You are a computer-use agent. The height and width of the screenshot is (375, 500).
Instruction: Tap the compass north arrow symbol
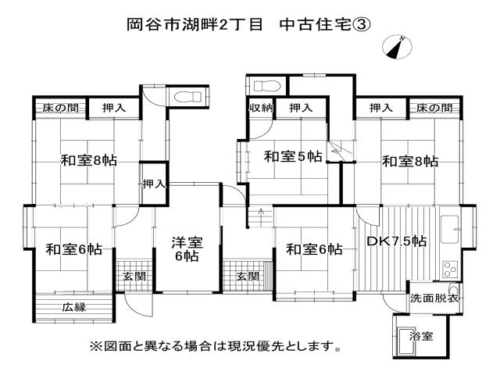point(395,47)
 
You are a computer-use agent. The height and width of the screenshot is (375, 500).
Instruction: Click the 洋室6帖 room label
point(187,249)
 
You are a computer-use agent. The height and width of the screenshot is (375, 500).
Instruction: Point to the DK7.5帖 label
point(397,241)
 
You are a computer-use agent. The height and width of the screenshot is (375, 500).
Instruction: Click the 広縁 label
point(74,307)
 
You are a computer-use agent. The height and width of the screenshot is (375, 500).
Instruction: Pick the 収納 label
point(260,107)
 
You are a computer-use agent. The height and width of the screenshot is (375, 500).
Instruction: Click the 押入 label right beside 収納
point(297,107)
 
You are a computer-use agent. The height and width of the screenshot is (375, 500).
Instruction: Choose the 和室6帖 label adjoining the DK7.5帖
point(313,249)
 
